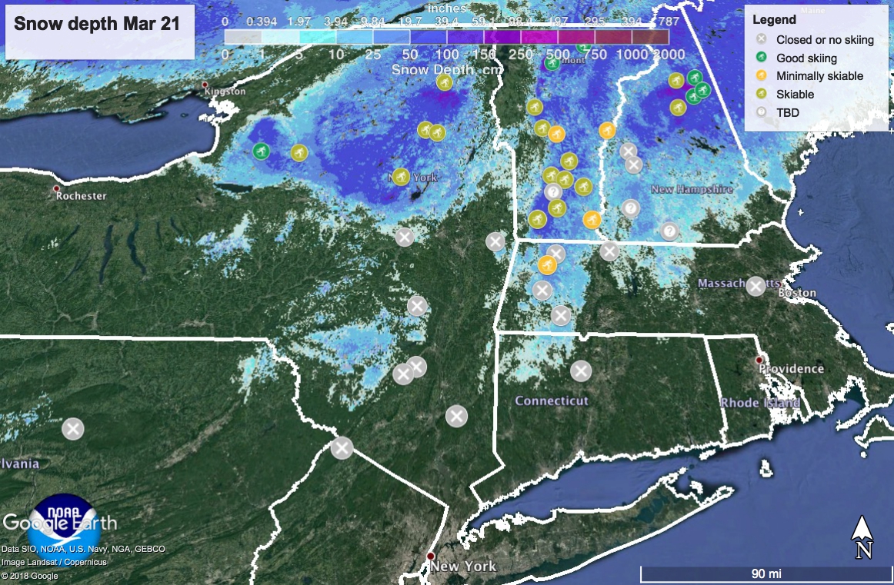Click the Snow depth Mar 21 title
tap(97, 24)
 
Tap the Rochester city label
tap(81, 195)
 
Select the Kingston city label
tap(225, 91)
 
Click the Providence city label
tap(791, 368)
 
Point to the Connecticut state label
tap(552, 401)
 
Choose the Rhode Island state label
tap(759, 402)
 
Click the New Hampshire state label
tap(692, 189)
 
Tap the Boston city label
tap(797, 293)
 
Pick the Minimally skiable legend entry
tap(819, 76)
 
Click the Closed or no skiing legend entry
tap(825, 40)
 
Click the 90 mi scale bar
tap(766, 573)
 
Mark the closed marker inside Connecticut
tap(581, 371)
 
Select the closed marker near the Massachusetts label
tap(756, 286)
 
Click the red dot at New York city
tap(431, 556)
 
